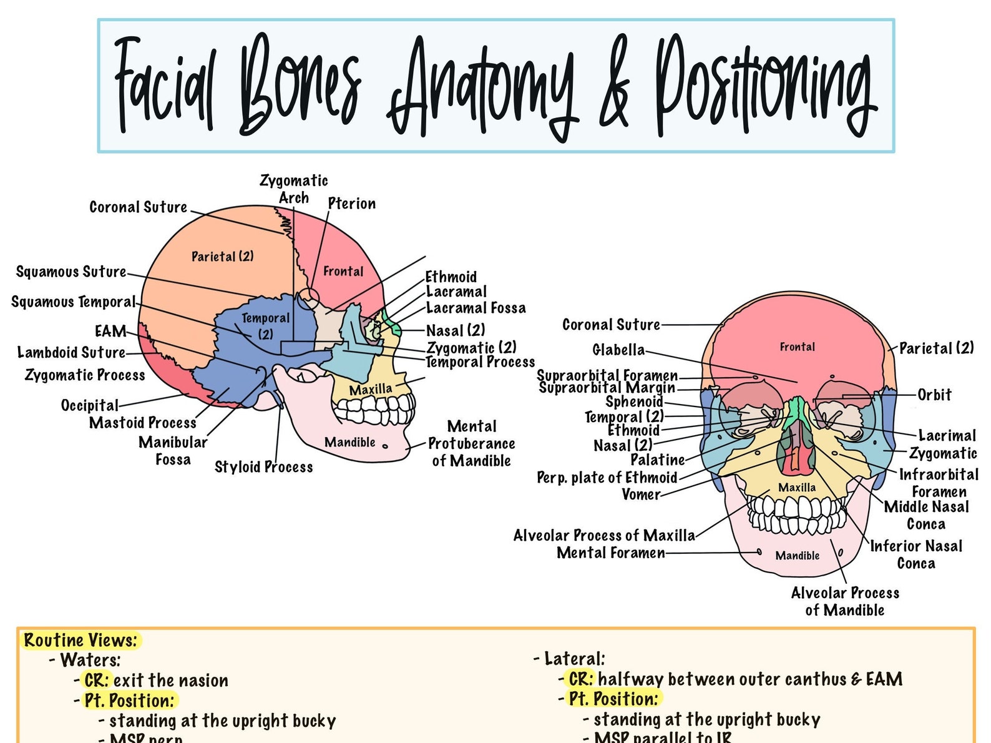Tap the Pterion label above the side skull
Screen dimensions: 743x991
coord(351,204)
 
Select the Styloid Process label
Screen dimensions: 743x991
coord(263,467)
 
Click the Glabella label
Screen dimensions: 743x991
coord(618,350)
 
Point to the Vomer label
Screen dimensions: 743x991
coord(641,495)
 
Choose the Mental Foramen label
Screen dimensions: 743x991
coord(610,553)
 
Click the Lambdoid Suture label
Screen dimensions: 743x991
coord(71,353)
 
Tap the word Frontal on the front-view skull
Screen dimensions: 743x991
coord(797,347)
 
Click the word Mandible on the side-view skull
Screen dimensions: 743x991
coord(349,442)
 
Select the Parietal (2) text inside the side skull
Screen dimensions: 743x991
coord(222,257)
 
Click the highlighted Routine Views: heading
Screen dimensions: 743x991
coord(80,641)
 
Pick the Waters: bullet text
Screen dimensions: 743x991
coord(90,660)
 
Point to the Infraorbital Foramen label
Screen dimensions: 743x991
coord(939,483)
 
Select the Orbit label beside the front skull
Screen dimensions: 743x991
coord(934,395)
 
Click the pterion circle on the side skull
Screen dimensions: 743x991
coord(308,298)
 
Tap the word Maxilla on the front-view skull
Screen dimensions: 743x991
coord(797,487)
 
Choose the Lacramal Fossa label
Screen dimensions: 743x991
coord(476,308)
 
